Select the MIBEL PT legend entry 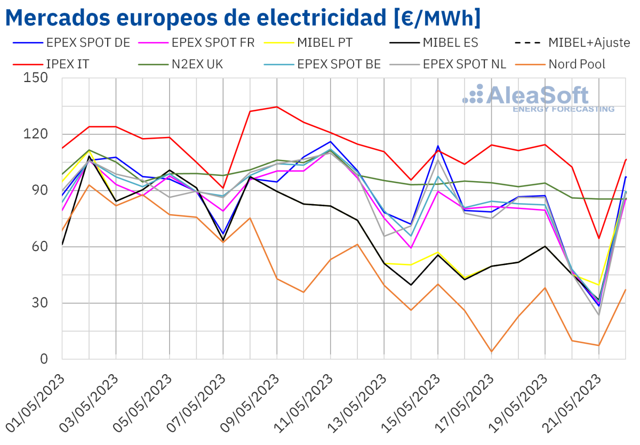pyautogui.click(x=326, y=43)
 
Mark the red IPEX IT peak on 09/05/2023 pyautogui.click(x=277, y=107)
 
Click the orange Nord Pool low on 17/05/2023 pyautogui.click(x=491, y=352)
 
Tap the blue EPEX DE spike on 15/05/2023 pyautogui.click(x=438, y=145)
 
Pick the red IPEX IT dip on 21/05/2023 pyautogui.click(x=599, y=238)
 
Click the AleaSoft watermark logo pyautogui.click(x=539, y=97)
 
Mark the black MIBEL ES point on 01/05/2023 pyautogui.click(x=62, y=245)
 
